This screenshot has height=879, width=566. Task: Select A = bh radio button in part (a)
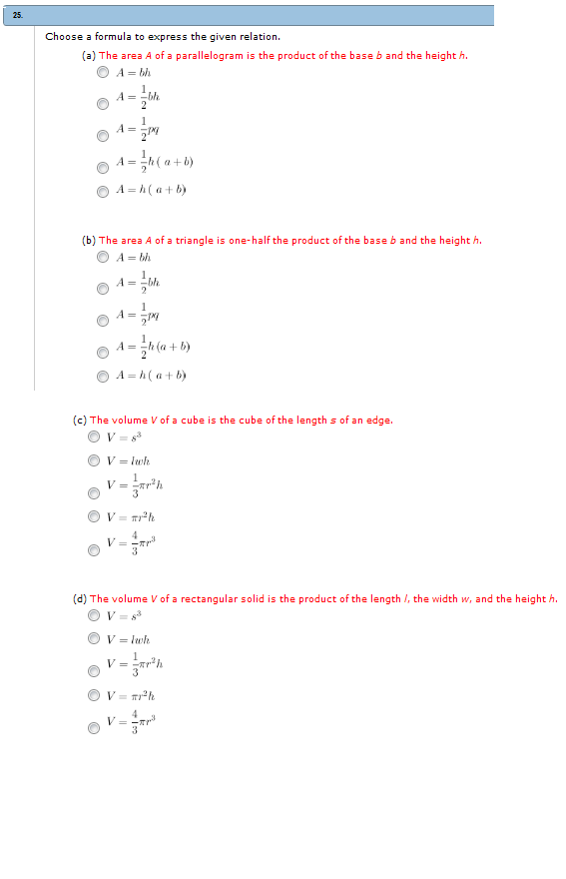[103, 73]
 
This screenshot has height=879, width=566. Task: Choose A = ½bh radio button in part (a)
[103, 102]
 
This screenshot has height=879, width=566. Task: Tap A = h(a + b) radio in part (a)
[103, 191]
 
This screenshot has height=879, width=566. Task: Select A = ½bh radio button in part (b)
[103, 289]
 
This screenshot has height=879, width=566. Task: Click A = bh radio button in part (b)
[103, 258]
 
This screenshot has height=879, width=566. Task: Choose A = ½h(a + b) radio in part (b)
[103, 351]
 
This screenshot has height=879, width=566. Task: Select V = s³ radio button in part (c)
[94, 437]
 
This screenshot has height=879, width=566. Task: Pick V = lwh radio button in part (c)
[94, 461]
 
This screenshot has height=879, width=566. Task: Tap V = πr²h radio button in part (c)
[94, 517]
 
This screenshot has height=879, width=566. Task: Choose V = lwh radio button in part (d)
[94, 640]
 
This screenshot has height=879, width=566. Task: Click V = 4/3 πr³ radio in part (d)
[94, 727]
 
